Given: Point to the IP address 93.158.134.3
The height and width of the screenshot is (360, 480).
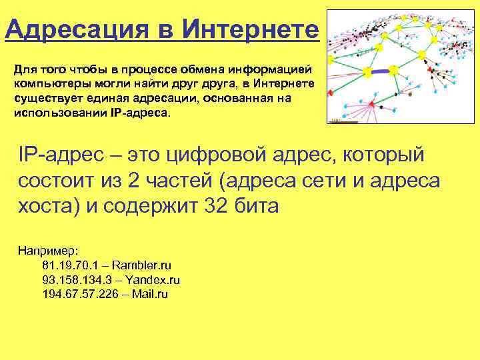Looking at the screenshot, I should (75, 280).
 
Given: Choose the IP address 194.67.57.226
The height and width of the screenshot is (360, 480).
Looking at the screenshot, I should (78, 294).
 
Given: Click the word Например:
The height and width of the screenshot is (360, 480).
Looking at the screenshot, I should (48, 251).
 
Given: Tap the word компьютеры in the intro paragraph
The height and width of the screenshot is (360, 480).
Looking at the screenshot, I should (47, 83).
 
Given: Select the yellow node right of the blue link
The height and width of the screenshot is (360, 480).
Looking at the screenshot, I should (393, 69).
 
